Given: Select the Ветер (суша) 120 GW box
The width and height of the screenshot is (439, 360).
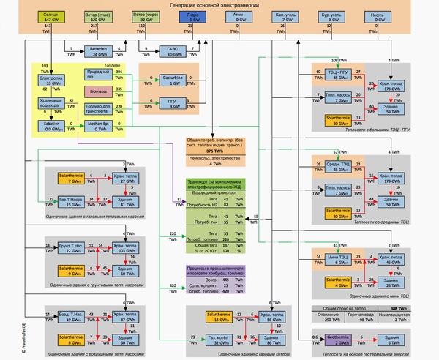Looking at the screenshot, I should pyautogui.click(x=97, y=16).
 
